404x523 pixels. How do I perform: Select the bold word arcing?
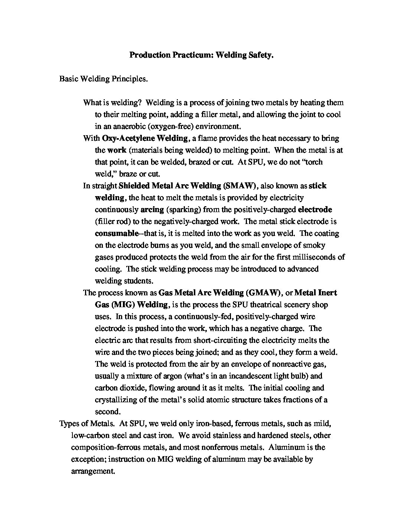point(152,210)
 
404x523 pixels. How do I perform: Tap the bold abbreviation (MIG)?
point(122,305)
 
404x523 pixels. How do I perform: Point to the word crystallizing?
point(117,400)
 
